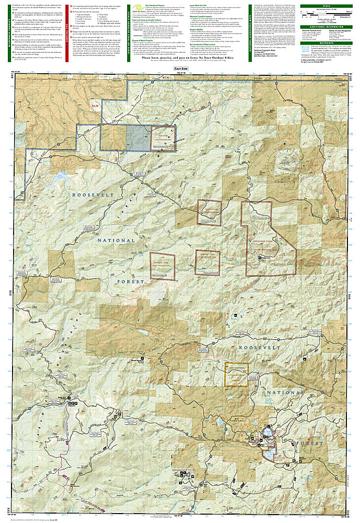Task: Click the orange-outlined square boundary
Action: (236, 374)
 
